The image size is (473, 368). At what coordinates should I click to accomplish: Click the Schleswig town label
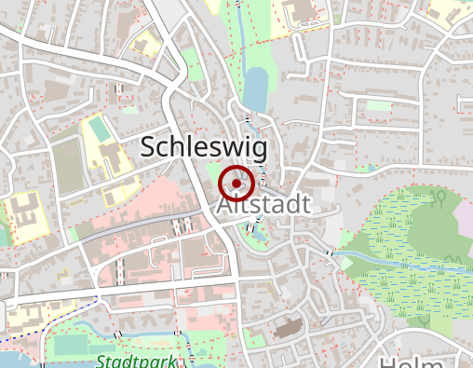203,147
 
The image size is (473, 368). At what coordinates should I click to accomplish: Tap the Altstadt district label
263,205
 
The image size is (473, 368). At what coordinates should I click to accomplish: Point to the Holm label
419,361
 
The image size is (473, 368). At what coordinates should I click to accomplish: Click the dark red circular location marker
237,184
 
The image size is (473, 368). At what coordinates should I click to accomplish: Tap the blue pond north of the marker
253,89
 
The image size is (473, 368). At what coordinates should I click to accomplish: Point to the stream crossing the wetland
410,262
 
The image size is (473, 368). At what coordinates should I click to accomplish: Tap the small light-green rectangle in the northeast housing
378,105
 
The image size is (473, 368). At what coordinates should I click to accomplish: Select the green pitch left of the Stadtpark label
70,345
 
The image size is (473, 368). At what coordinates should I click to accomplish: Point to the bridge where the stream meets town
330,252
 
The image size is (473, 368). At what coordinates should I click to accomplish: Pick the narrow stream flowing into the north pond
244,37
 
